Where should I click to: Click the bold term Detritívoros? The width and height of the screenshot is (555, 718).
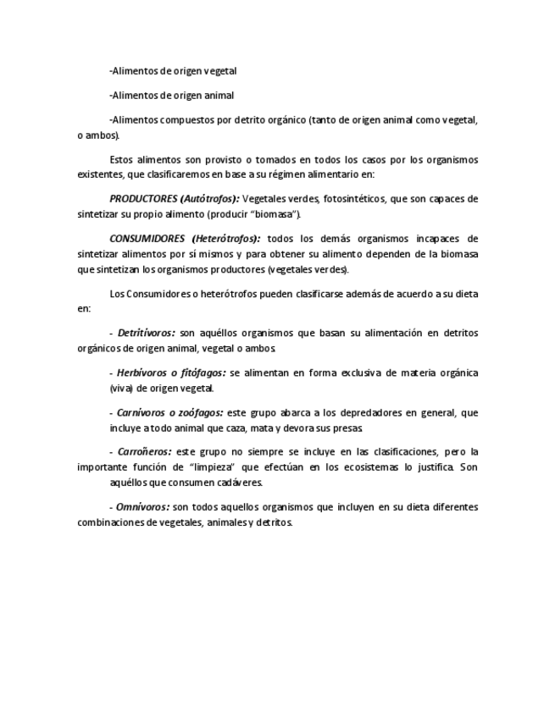[147, 334]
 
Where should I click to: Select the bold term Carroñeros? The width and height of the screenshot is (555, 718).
[145, 452]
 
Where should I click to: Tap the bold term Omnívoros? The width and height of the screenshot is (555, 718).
[143, 507]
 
